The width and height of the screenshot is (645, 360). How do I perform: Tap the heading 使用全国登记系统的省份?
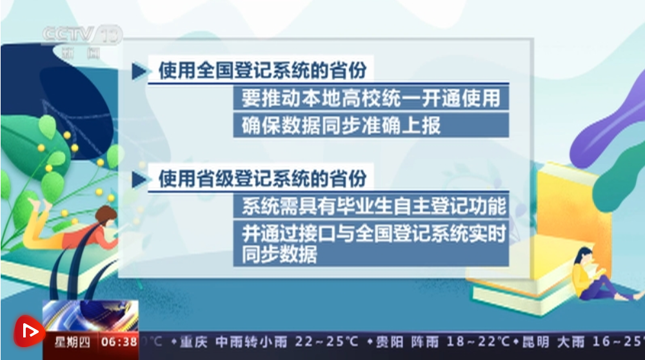tap(263, 70)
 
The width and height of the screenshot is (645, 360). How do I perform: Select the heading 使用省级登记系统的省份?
tap(263, 179)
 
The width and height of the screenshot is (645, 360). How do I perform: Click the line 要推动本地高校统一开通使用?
tap(371, 98)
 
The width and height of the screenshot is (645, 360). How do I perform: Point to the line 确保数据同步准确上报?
tap(341, 126)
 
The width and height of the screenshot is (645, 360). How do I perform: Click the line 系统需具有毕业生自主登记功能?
tap(373, 206)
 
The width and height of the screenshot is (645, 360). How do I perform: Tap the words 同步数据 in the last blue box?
tap(279, 255)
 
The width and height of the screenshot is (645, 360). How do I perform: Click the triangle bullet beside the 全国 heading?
tap(139, 71)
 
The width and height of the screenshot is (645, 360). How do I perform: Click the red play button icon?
tap(29, 331)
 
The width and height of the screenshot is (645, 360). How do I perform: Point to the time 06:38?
tap(119, 342)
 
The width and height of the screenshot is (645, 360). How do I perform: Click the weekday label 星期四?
tap(72, 342)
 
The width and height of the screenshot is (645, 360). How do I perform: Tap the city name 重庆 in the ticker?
tap(193, 342)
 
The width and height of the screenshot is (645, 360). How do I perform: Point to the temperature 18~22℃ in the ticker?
tap(478, 341)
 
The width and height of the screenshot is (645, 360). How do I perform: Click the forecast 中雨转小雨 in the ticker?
tap(251, 342)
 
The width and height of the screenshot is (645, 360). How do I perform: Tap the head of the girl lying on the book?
tap(106, 215)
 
